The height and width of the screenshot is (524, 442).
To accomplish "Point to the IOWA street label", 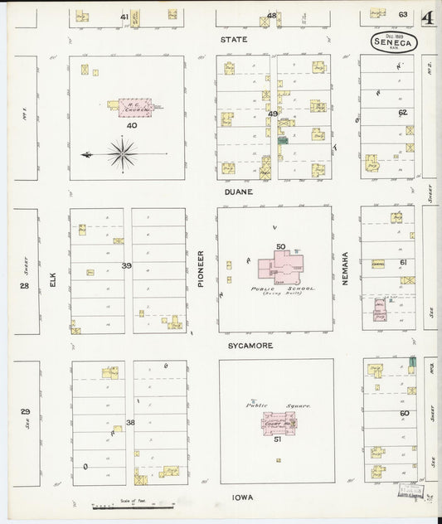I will tap(242, 497).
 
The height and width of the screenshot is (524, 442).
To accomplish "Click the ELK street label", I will tap(51, 281).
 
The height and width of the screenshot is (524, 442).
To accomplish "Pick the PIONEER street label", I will tap(201, 269).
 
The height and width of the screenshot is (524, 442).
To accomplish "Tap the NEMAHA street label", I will tap(346, 269).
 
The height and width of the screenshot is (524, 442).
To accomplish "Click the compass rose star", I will tap(122, 153).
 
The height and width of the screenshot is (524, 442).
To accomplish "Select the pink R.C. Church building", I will tap(136, 107).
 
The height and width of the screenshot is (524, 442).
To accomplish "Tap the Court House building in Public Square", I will tap(278, 423).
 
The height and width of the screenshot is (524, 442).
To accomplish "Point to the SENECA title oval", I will tap(394, 41).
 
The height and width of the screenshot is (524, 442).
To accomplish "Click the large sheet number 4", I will tap(426, 17).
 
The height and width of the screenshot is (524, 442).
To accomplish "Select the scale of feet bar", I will tap(133, 505).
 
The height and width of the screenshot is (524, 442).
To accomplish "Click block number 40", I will tap(132, 125).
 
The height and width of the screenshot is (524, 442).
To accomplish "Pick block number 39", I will tap(126, 265).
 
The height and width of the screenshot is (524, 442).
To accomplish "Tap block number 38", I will tap(130, 422).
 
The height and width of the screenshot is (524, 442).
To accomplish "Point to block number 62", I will tap(402, 112).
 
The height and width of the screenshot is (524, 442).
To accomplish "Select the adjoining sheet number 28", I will tap(25, 285).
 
